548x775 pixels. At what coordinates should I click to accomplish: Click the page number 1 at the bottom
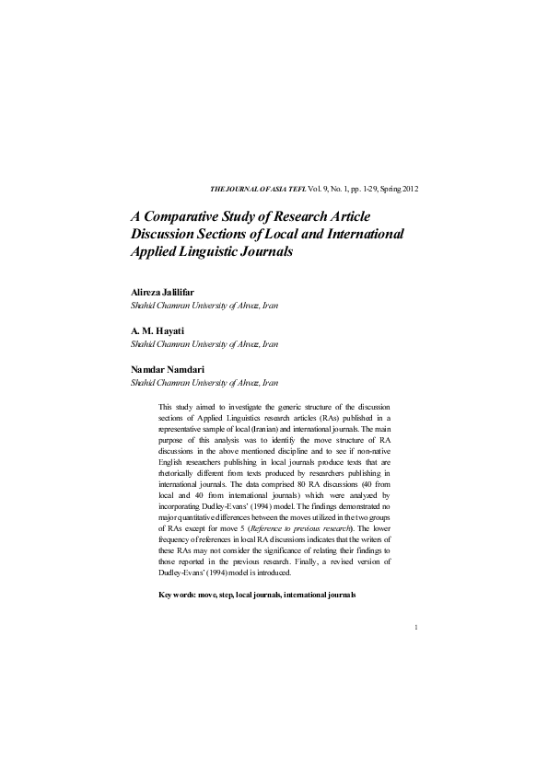tap(417, 629)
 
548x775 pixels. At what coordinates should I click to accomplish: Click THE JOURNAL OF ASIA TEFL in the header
tap(254, 189)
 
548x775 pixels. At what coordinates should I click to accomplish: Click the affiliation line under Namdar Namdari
tap(204, 382)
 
